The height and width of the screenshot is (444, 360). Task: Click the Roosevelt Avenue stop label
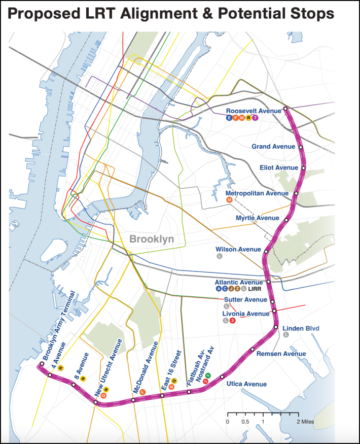pyautogui.click(x=253, y=111)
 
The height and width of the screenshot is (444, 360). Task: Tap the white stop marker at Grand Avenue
pyautogui.click(x=301, y=147)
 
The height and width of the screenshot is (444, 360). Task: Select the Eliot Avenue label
pyautogui.click(x=278, y=167)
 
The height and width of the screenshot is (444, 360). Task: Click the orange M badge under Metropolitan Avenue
pyautogui.click(x=229, y=200)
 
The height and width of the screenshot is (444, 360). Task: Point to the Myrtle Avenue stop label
pyautogui.click(x=258, y=218)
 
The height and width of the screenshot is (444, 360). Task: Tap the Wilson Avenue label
pyautogui.click(x=237, y=249)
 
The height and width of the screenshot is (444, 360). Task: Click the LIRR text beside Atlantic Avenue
pyautogui.click(x=255, y=289)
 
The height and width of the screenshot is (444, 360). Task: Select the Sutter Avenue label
pyautogui.click(x=246, y=300)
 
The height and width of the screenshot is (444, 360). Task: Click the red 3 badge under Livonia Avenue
pyautogui.click(x=233, y=320)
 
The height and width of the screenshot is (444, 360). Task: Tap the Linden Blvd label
pyautogui.click(x=301, y=328)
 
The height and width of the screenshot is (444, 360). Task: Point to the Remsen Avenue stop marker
pyautogui.click(x=253, y=349)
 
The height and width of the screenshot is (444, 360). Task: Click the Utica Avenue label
pyautogui.click(x=246, y=384)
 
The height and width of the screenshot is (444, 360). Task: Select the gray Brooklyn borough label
pyautogui.click(x=152, y=238)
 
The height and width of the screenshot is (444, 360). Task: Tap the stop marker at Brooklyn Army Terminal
pyautogui.click(x=42, y=364)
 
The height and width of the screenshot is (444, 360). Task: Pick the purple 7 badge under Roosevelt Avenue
pyautogui.click(x=256, y=118)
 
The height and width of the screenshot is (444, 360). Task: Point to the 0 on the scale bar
pyautogui.click(x=228, y=422)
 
